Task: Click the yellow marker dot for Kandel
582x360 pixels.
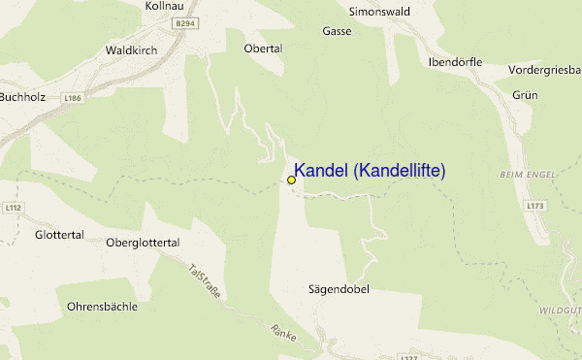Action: click(x=291, y=180)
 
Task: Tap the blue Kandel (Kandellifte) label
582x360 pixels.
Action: click(x=370, y=171)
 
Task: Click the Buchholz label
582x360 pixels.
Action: click(x=22, y=97)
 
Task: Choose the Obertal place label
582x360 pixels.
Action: click(x=263, y=48)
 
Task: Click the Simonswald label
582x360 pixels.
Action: click(x=379, y=12)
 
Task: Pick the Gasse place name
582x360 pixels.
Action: click(x=337, y=31)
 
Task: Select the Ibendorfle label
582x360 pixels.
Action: click(x=454, y=61)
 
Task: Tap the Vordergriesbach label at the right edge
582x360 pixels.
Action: click(x=544, y=70)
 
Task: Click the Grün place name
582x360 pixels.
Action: click(x=525, y=94)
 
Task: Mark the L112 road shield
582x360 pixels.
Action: click(x=12, y=208)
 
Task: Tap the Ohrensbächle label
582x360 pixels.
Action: click(x=102, y=307)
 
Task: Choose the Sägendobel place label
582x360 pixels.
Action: click(x=339, y=289)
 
